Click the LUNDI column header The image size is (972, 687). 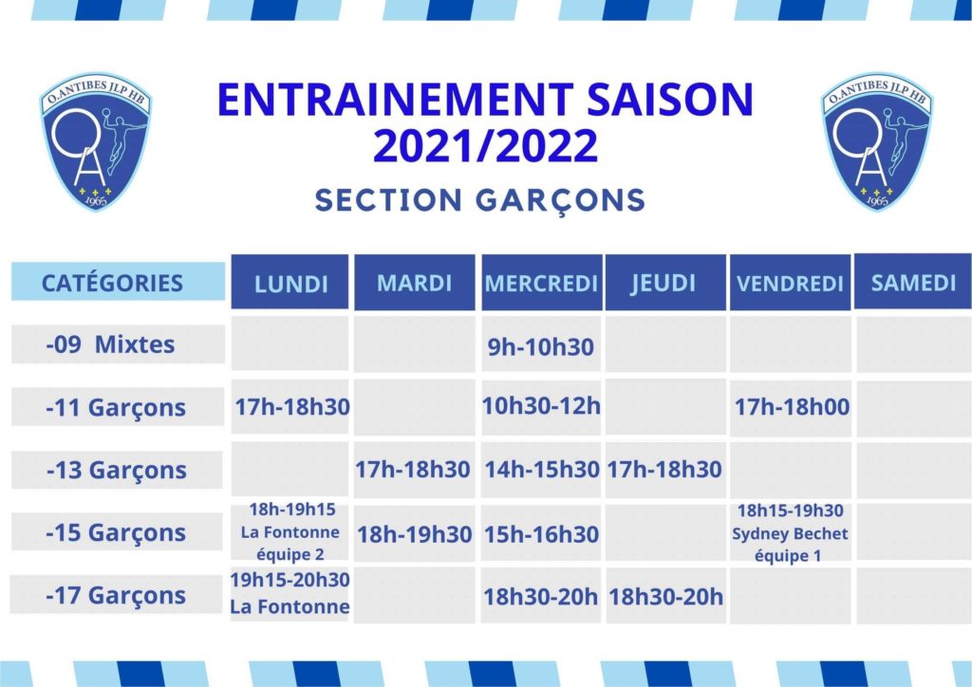(x=290, y=282)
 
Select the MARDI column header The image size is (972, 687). (x=414, y=282)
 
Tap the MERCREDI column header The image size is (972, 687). (x=541, y=282)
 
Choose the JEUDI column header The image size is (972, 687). (x=665, y=282)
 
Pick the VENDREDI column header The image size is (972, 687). (x=790, y=282)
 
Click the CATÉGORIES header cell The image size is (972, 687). (x=118, y=282)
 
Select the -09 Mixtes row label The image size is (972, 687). (x=118, y=343)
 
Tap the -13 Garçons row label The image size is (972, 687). (x=117, y=470)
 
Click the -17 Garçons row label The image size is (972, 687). (x=116, y=595)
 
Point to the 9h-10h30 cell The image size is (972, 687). (x=541, y=345)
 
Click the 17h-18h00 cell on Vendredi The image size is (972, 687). (x=791, y=407)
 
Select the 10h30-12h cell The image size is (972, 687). (x=541, y=406)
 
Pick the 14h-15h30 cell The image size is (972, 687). (x=541, y=470)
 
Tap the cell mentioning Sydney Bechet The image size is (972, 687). (x=791, y=532)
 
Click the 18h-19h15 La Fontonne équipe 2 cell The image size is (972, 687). (x=290, y=531)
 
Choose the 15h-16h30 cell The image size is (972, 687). (x=541, y=534)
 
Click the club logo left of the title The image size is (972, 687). (x=96, y=142)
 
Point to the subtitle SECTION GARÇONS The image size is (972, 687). (x=480, y=200)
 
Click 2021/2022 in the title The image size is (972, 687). (x=485, y=146)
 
